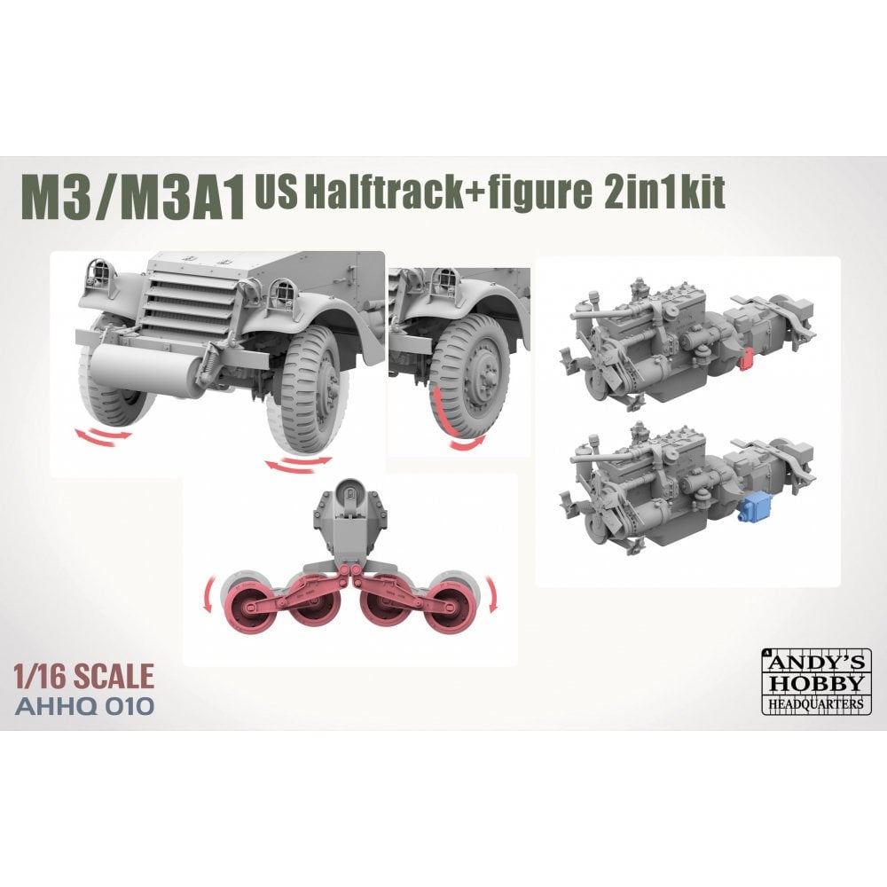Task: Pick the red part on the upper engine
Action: [745, 357]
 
